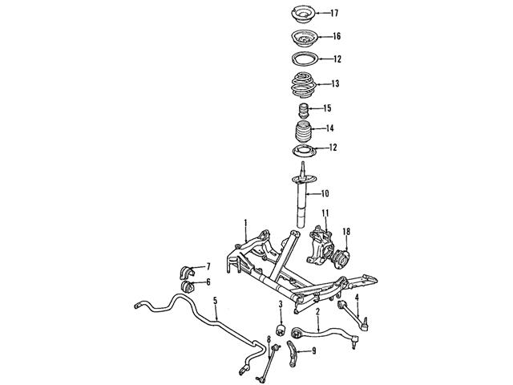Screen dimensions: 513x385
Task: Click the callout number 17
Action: pyautogui.click(x=333, y=14)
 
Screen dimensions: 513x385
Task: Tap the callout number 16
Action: pyautogui.click(x=337, y=36)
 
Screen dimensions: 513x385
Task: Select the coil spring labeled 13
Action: pyautogui.click(x=303, y=85)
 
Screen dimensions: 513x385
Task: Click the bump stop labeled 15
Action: pyautogui.click(x=304, y=111)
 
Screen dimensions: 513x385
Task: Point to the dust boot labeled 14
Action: pyautogui.click(x=304, y=132)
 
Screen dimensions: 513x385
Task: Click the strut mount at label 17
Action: pyautogui.click(x=303, y=14)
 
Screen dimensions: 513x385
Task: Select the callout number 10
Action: pyautogui.click(x=325, y=194)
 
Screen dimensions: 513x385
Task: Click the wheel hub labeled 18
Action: pyautogui.click(x=339, y=257)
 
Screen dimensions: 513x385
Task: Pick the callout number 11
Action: pyautogui.click(x=325, y=213)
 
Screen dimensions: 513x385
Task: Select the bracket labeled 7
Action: pyautogui.click(x=187, y=272)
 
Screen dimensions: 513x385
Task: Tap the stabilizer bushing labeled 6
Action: pyautogui.click(x=187, y=286)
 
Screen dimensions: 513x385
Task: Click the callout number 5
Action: pyautogui.click(x=215, y=300)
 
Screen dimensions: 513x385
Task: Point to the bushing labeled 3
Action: pyautogui.click(x=280, y=330)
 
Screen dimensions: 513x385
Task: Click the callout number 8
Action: pyautogui.click(x=269, y=339)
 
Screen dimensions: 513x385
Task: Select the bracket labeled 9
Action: pyautogui.click(x=292, y=355)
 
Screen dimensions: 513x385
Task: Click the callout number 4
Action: pyautogui.click(x=357, y=298)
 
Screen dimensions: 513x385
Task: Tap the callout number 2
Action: pyautogui.click(x=317, y=311)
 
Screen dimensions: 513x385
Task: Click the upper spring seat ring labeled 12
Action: pyautogui.click(x=305, y=60)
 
